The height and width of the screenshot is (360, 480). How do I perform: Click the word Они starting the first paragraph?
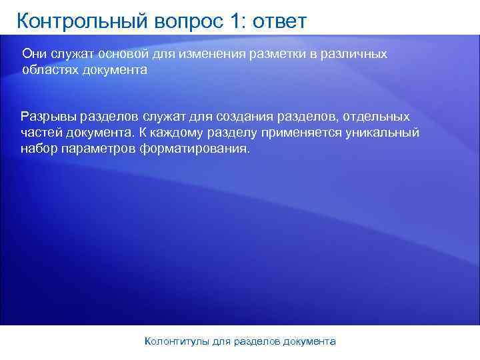(35, 53)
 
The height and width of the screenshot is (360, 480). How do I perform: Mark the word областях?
(50, 70)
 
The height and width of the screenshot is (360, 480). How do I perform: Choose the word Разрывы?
(47, 116)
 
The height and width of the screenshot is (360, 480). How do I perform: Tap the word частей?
(41, 132)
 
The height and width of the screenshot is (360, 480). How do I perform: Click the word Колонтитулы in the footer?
(177, 341)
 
